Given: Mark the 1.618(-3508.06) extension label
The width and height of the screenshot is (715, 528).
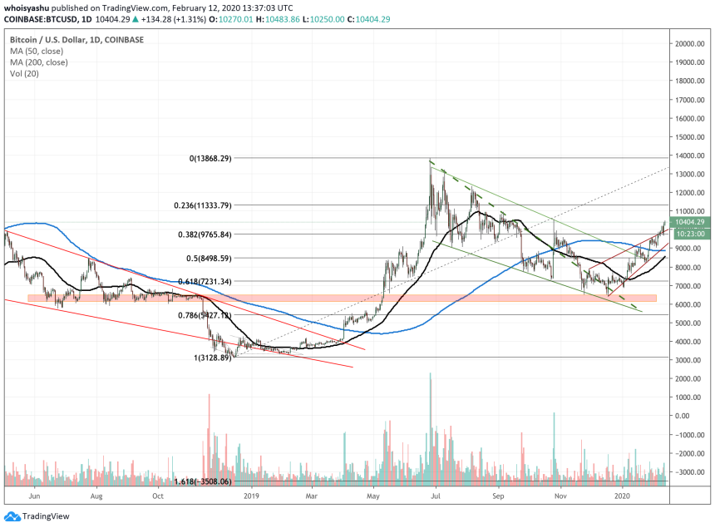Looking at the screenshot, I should click(202, 481).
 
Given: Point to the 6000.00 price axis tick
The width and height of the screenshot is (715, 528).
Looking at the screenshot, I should click(690, 304).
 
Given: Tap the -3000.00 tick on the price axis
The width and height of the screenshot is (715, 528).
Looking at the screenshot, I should click(690, 471).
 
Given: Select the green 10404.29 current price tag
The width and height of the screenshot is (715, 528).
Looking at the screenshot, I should click(689, 223).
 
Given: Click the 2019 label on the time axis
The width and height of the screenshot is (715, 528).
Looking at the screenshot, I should click(250, 496).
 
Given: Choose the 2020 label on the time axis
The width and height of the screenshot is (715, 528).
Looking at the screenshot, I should click(622, 496).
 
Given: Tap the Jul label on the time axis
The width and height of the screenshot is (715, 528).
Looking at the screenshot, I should click(436, 496).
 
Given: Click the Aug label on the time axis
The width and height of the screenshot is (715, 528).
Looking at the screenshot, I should click(96, 496).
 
